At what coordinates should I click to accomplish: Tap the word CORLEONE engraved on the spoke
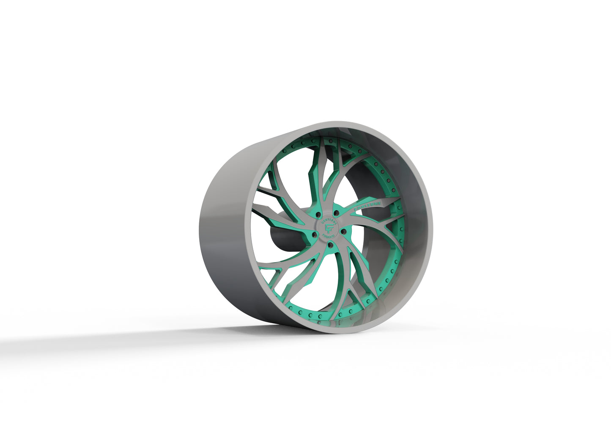coord(367,204)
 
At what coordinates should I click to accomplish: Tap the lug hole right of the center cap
coord(344,230)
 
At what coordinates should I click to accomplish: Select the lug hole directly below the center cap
coord(330,245)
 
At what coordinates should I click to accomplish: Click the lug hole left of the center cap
coord(314,234)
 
